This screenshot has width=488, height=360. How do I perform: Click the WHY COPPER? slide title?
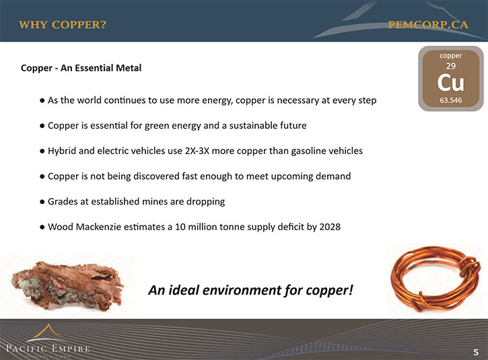point(63,25)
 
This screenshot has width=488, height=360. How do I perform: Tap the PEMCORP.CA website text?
point(428,25)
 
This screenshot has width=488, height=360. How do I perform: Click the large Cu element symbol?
point(451,83)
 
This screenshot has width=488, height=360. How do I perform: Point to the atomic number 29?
point(451,66)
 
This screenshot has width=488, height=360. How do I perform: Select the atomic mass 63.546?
point(451,100)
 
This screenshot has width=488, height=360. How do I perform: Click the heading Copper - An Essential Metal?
point(81,68)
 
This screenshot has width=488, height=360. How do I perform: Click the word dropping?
point(205,202)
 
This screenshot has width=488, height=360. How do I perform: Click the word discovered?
point(156,176)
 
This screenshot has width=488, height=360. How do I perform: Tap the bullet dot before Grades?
point(42,202)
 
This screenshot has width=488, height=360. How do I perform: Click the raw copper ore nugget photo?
point(67,285)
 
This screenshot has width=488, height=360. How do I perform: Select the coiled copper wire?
point(435,279)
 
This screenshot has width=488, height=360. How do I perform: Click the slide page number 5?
point(476,352)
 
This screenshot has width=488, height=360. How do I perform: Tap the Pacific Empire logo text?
point(48,348)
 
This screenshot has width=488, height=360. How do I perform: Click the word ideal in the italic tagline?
point(184,290)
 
